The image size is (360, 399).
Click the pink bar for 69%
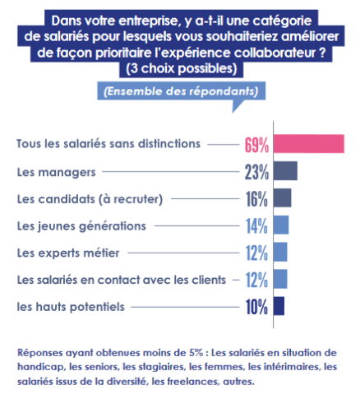[x=309, y=144]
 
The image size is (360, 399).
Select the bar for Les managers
[x=285, y=171]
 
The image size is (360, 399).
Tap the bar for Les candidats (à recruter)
[x=283, y=197]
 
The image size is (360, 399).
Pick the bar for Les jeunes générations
[x=281, y=225]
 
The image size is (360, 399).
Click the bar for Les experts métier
[x=280, y=252]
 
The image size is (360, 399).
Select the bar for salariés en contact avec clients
[x=280, y=279]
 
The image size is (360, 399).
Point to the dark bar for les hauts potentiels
[x=279, y=306]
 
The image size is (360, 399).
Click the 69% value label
[x=256, y=145]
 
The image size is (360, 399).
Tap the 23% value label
[x=256, y=172]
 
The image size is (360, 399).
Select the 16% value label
[x=256, y=199]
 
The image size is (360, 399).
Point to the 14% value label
[x=256, y=226]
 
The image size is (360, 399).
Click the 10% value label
[x=256, y=307]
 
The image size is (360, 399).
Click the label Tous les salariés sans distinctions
[x=108, y=144]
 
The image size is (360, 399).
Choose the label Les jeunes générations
[x=81, y=226]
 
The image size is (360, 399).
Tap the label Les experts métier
[x=68, y=253]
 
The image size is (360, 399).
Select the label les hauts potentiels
[x=71, y=307]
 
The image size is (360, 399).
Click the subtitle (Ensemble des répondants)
[x=181, y=91]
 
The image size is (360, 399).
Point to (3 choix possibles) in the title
[x=182, y=68]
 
